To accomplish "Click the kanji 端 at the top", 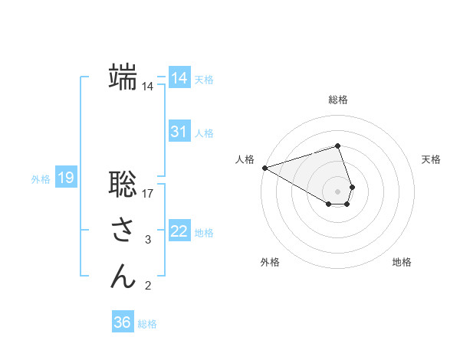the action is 123,77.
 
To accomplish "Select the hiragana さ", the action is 123,231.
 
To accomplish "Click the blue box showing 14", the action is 179,78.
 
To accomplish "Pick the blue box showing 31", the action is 179,132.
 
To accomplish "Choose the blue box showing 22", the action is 179,231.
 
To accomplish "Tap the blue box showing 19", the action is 65,178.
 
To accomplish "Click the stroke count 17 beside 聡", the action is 149,194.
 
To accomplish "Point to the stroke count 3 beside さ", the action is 148,241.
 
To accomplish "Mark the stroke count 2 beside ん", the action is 148,286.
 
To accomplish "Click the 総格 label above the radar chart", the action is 338,100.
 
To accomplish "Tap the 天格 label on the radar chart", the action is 432,159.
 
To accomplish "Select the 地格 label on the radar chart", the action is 402,262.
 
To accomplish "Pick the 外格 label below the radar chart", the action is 270,262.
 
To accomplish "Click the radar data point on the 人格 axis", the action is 264,168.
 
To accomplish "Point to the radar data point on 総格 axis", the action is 338,146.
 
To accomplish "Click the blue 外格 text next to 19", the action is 41,179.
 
